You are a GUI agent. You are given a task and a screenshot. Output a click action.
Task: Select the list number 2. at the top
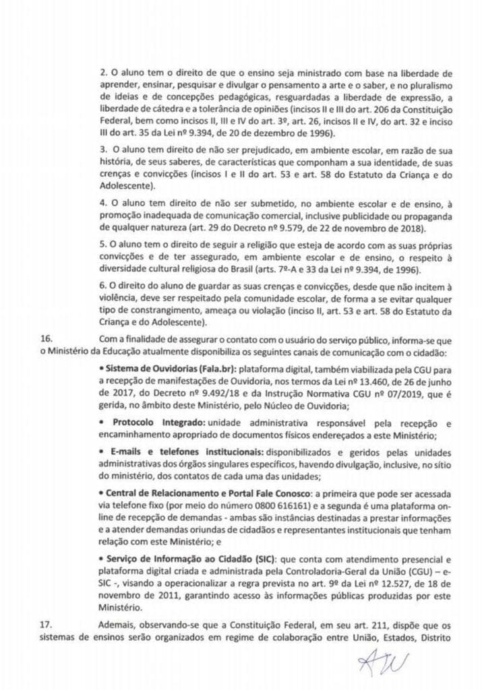click(102, 73)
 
